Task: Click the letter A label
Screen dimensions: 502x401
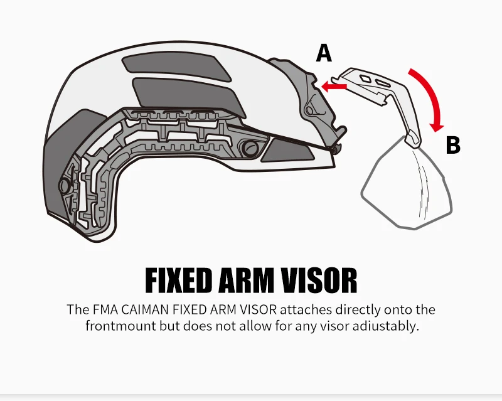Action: [x=324, y=53]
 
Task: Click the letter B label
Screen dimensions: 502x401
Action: [x=453, y=145]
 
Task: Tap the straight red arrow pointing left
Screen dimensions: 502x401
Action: [x=334, y=86]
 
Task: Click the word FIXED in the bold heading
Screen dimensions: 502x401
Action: [x=179, y=281]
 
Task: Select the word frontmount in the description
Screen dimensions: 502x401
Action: [x=121, y=326]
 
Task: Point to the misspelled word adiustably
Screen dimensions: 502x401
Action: [x=386, y=326]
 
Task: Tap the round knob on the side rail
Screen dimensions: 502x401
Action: [x=250, y=147]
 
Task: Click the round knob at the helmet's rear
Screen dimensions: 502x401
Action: [x=64, y=186]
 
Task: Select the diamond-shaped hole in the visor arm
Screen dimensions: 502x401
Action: [x=365, y=78]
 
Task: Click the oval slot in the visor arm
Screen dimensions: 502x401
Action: [x=383, y=83]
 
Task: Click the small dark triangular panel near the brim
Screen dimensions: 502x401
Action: [x=287, y=151]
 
